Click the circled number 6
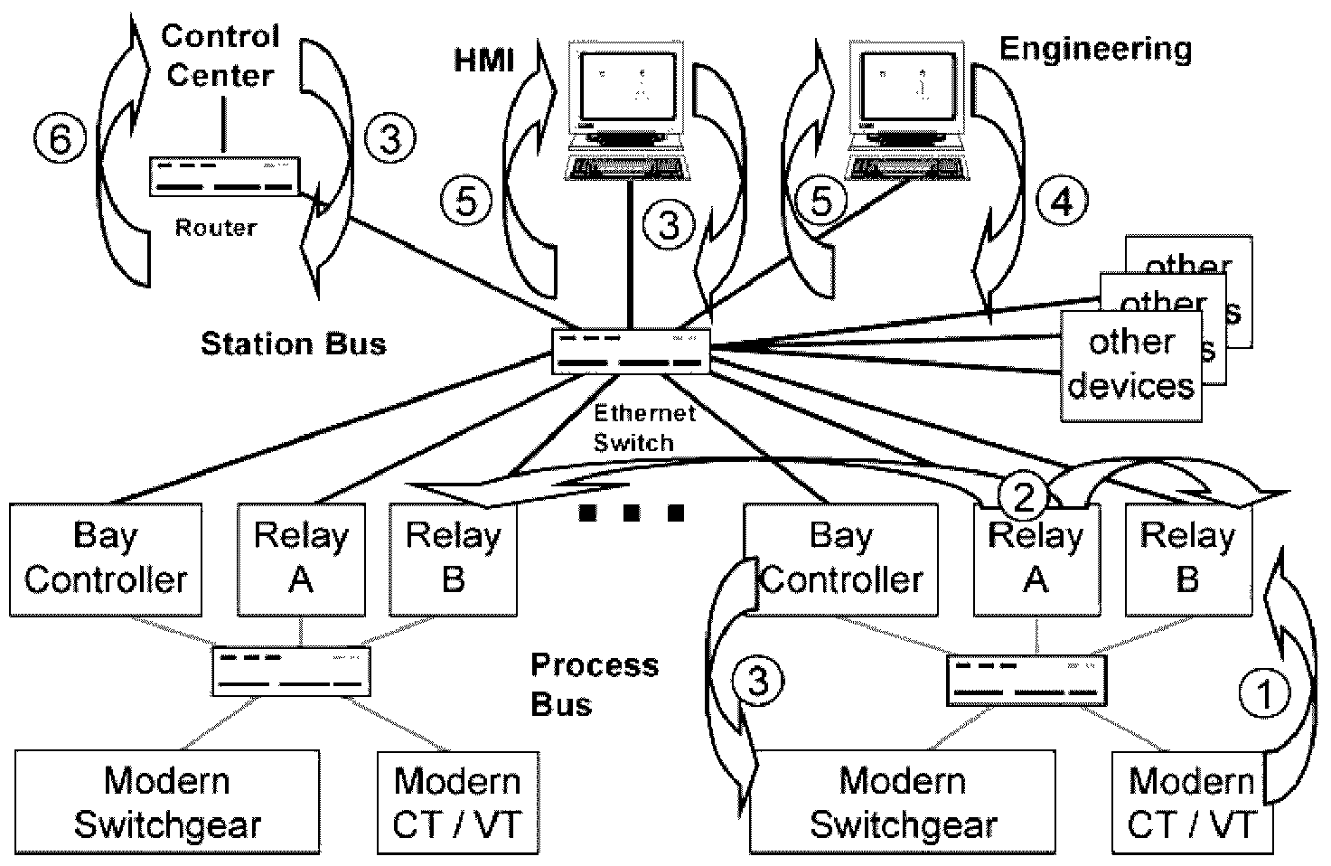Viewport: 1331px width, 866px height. point(60,139)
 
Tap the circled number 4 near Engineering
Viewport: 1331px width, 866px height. point(1063,201)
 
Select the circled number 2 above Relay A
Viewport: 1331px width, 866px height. point(1023,494)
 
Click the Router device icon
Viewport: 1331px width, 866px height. point(223,176)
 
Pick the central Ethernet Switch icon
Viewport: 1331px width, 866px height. point(631,352)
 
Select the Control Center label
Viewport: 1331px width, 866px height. point(220,55)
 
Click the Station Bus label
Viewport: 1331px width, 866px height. point(293,344)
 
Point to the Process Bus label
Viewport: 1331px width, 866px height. point(594,684)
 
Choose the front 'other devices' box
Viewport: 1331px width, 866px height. point(1131,365)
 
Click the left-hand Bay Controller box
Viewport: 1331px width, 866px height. point(106,560)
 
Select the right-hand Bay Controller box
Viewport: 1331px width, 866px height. point(840,560)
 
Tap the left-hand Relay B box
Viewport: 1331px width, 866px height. point(453,560)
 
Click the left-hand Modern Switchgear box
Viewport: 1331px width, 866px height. point(167,802)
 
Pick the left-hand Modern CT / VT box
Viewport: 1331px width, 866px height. point(458,802)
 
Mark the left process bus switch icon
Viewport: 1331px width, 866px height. point(292,671)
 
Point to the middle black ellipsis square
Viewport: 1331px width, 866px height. point(632,514)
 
